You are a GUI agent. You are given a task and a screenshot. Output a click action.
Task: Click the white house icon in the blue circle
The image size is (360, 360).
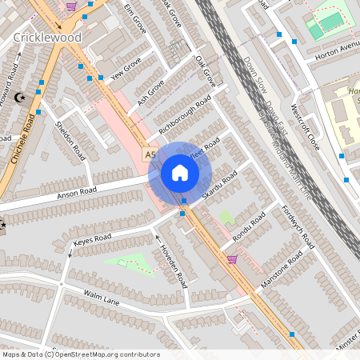[x=180, y=173]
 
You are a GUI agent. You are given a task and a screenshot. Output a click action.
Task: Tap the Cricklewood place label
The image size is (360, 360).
[x=46, y=38]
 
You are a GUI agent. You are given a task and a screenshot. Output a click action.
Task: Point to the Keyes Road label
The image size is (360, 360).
[x=92, y=239]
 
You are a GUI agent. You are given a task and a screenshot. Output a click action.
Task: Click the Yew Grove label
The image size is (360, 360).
[x=126, y=70]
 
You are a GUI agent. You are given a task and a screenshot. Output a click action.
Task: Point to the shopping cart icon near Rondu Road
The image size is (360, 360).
[x=232, y=258]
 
